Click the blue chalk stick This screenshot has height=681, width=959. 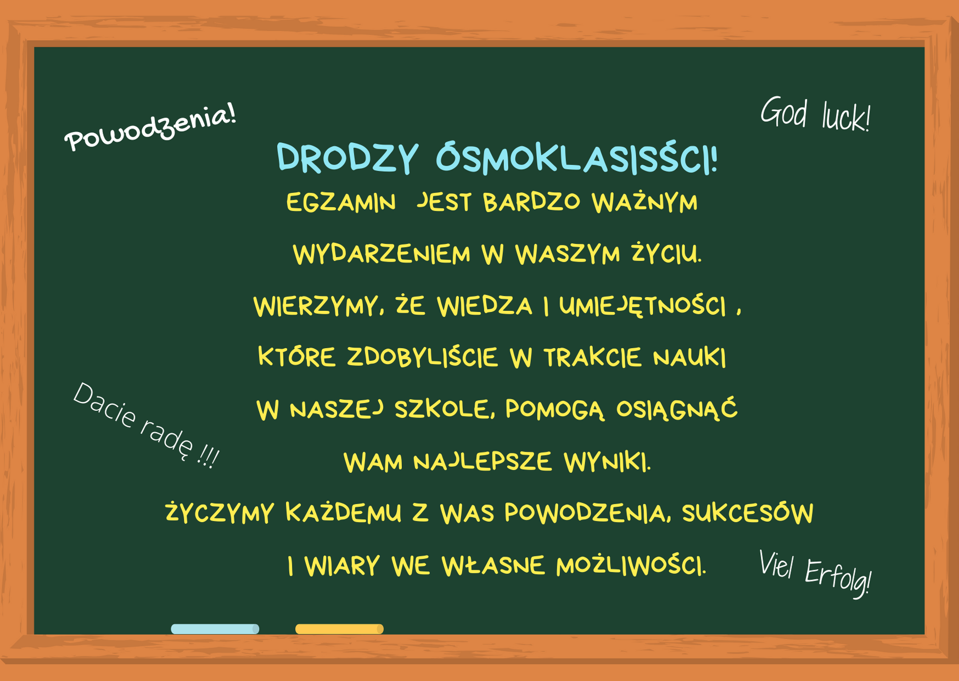[x=215, y=629]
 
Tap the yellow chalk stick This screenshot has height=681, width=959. [x=339, y=629]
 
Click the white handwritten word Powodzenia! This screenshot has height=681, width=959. [x=150, y=127]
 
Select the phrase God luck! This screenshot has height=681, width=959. [x=815, y=114]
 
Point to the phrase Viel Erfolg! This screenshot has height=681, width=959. [x=815, y=573]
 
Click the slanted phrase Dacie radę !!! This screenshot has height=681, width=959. [x=146, y=426]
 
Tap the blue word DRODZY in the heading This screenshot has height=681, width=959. [x=347, y=158]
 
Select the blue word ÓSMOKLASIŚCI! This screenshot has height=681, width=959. [x=577, y=159]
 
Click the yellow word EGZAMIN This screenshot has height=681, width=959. [x=341, y=203]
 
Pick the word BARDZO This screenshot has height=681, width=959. [x=531, y=202]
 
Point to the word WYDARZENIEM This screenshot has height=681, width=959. [x=382, y=255]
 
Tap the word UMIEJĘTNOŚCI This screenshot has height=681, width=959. [x=643, y=306]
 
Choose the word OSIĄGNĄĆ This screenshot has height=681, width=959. [x=677, y=410]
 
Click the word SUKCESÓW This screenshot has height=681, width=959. [x=748, y=512]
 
